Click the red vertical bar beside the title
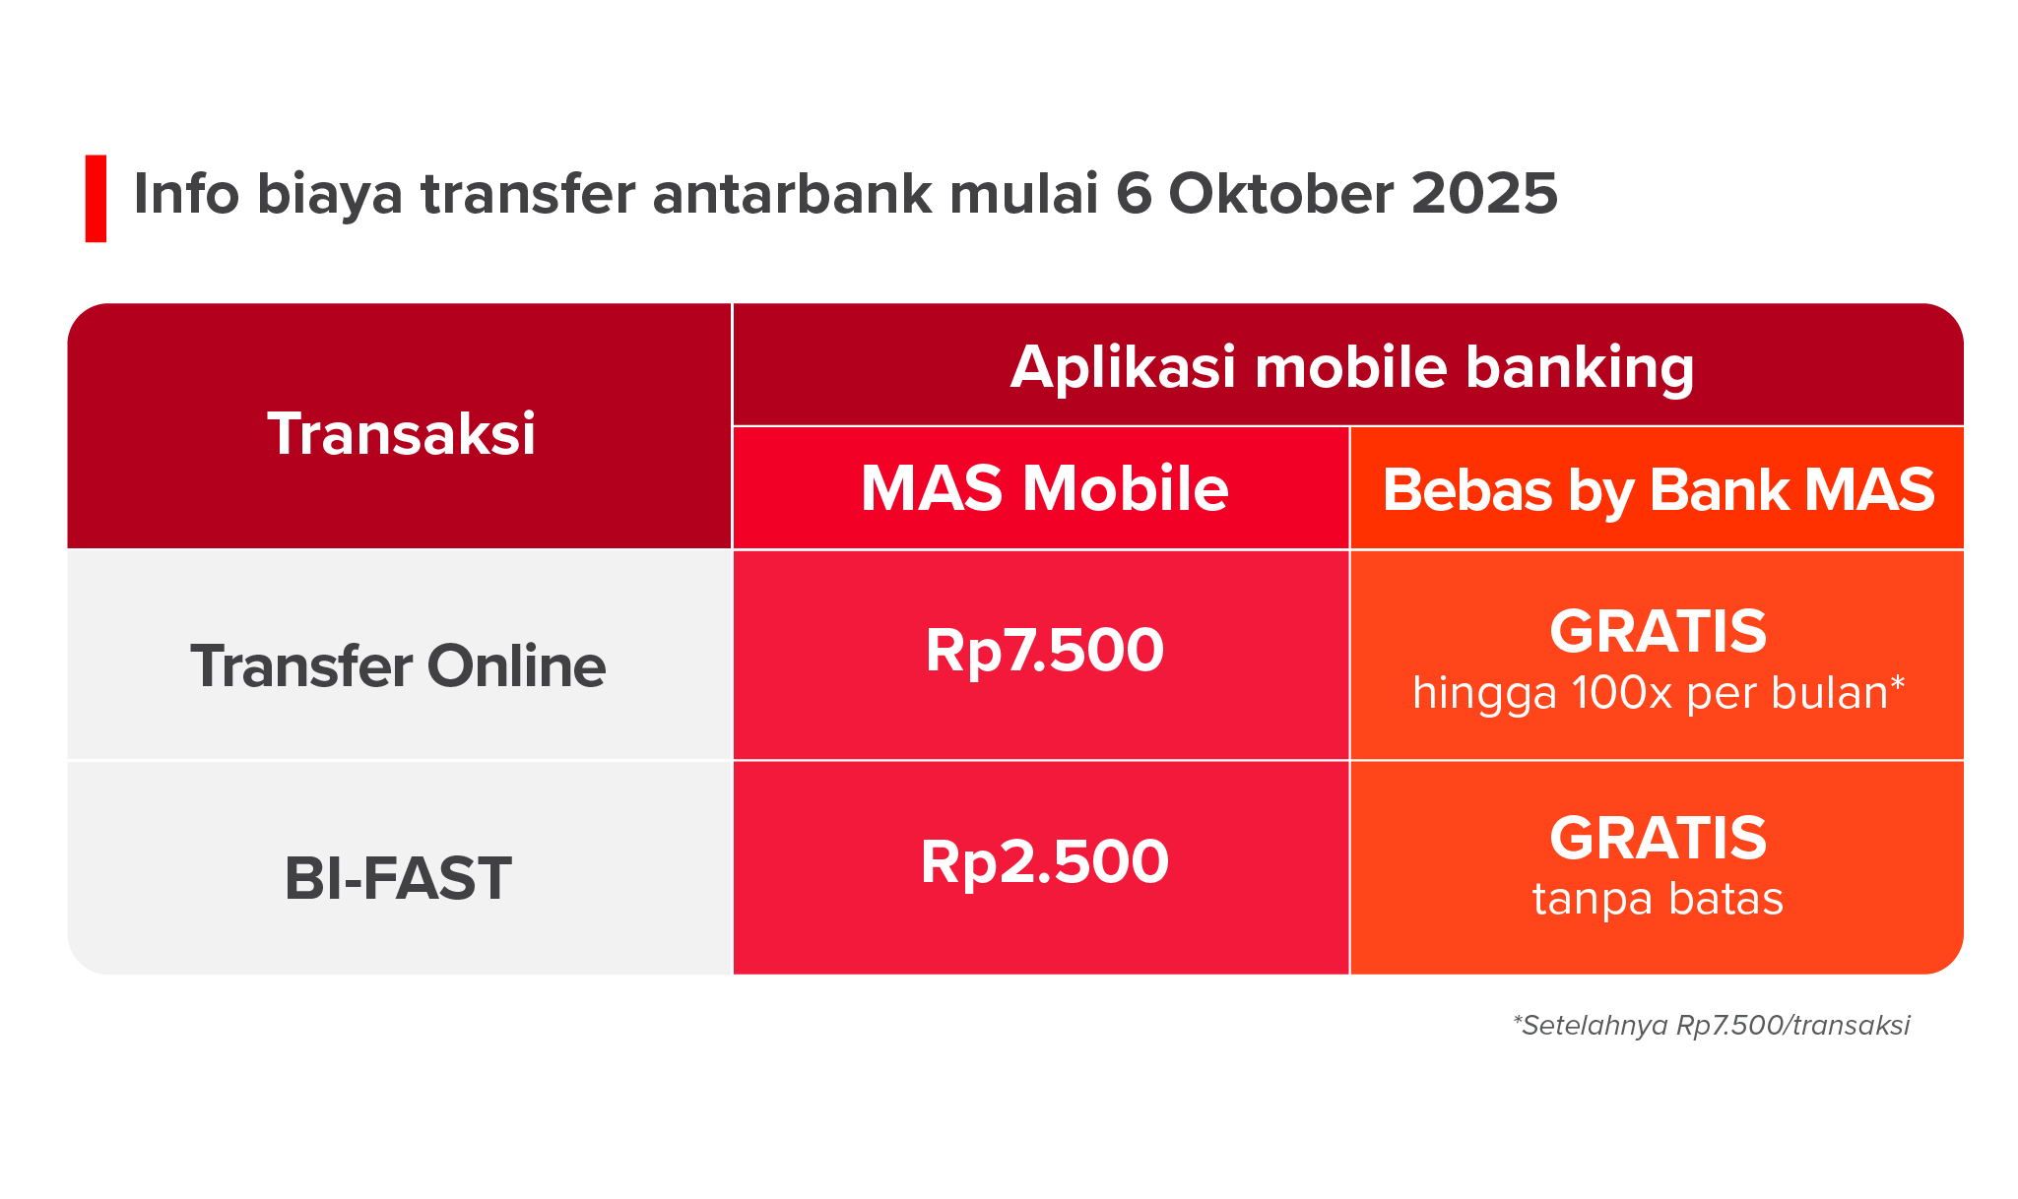96,198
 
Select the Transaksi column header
401,433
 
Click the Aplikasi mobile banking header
1352,368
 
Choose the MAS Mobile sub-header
1044,488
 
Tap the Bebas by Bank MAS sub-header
1659,490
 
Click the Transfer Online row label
398,666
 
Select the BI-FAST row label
398,878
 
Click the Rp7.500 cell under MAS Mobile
1044,651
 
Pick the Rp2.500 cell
1044,862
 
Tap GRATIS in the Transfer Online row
1659,631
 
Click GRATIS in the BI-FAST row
1659,838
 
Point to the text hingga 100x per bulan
1659,693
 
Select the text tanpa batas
1659,899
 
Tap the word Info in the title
187,193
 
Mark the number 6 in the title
1134,193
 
